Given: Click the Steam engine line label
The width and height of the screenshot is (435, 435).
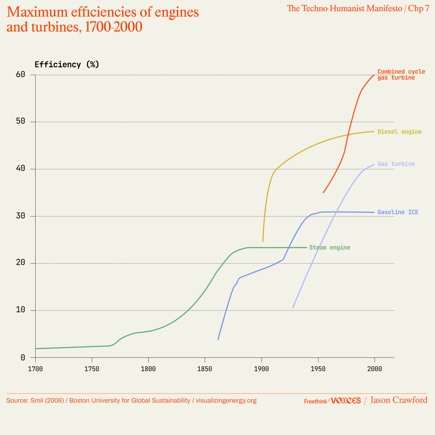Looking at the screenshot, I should coord(330,248).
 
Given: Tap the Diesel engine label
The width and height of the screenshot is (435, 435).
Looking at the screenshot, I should coord(399,132).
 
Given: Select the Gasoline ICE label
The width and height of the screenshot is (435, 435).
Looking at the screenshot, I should coord(398,212).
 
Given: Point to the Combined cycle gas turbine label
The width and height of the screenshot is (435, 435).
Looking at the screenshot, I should coord(401,74).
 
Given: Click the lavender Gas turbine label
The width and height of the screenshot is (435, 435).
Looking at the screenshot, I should coord(396,164).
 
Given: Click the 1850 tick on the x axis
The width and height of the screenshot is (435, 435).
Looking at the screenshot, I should coord(205,369).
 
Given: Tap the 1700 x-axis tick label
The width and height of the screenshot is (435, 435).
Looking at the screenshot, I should coord(35,369).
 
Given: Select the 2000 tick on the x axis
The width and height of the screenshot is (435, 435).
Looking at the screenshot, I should coord(374,369).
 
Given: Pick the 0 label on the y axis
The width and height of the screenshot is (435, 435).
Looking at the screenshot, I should coord(23,358).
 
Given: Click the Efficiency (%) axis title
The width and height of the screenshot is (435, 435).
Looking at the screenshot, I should coord(67,64).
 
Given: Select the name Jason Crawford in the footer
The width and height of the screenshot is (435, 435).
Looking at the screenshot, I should coord(399,400).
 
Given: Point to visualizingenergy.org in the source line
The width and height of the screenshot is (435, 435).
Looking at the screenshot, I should coord(226,400).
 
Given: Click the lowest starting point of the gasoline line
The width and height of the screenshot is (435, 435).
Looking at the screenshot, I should coord(218,340).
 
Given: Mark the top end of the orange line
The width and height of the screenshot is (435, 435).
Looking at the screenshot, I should coord(374,75).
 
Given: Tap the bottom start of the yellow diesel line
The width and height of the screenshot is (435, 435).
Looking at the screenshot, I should coord(263,241).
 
